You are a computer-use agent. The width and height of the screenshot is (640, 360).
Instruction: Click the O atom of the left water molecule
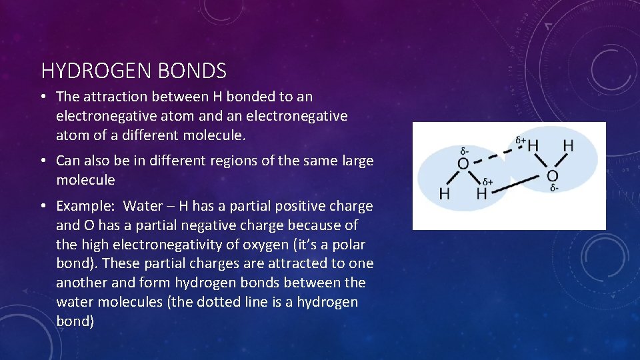click(463, 163)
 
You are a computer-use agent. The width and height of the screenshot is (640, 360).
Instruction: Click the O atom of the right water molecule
click(552, 175)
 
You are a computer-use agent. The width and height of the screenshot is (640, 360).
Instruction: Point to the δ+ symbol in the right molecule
click(521, 141)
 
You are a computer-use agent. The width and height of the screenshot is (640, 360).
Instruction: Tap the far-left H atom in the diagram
click(444, 194)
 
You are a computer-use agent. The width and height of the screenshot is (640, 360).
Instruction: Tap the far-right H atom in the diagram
click(568, 145)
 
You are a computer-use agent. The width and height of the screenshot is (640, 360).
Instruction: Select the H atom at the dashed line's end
click(533, 145)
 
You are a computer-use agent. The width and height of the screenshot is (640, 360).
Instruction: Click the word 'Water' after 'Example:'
click(143, 206)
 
